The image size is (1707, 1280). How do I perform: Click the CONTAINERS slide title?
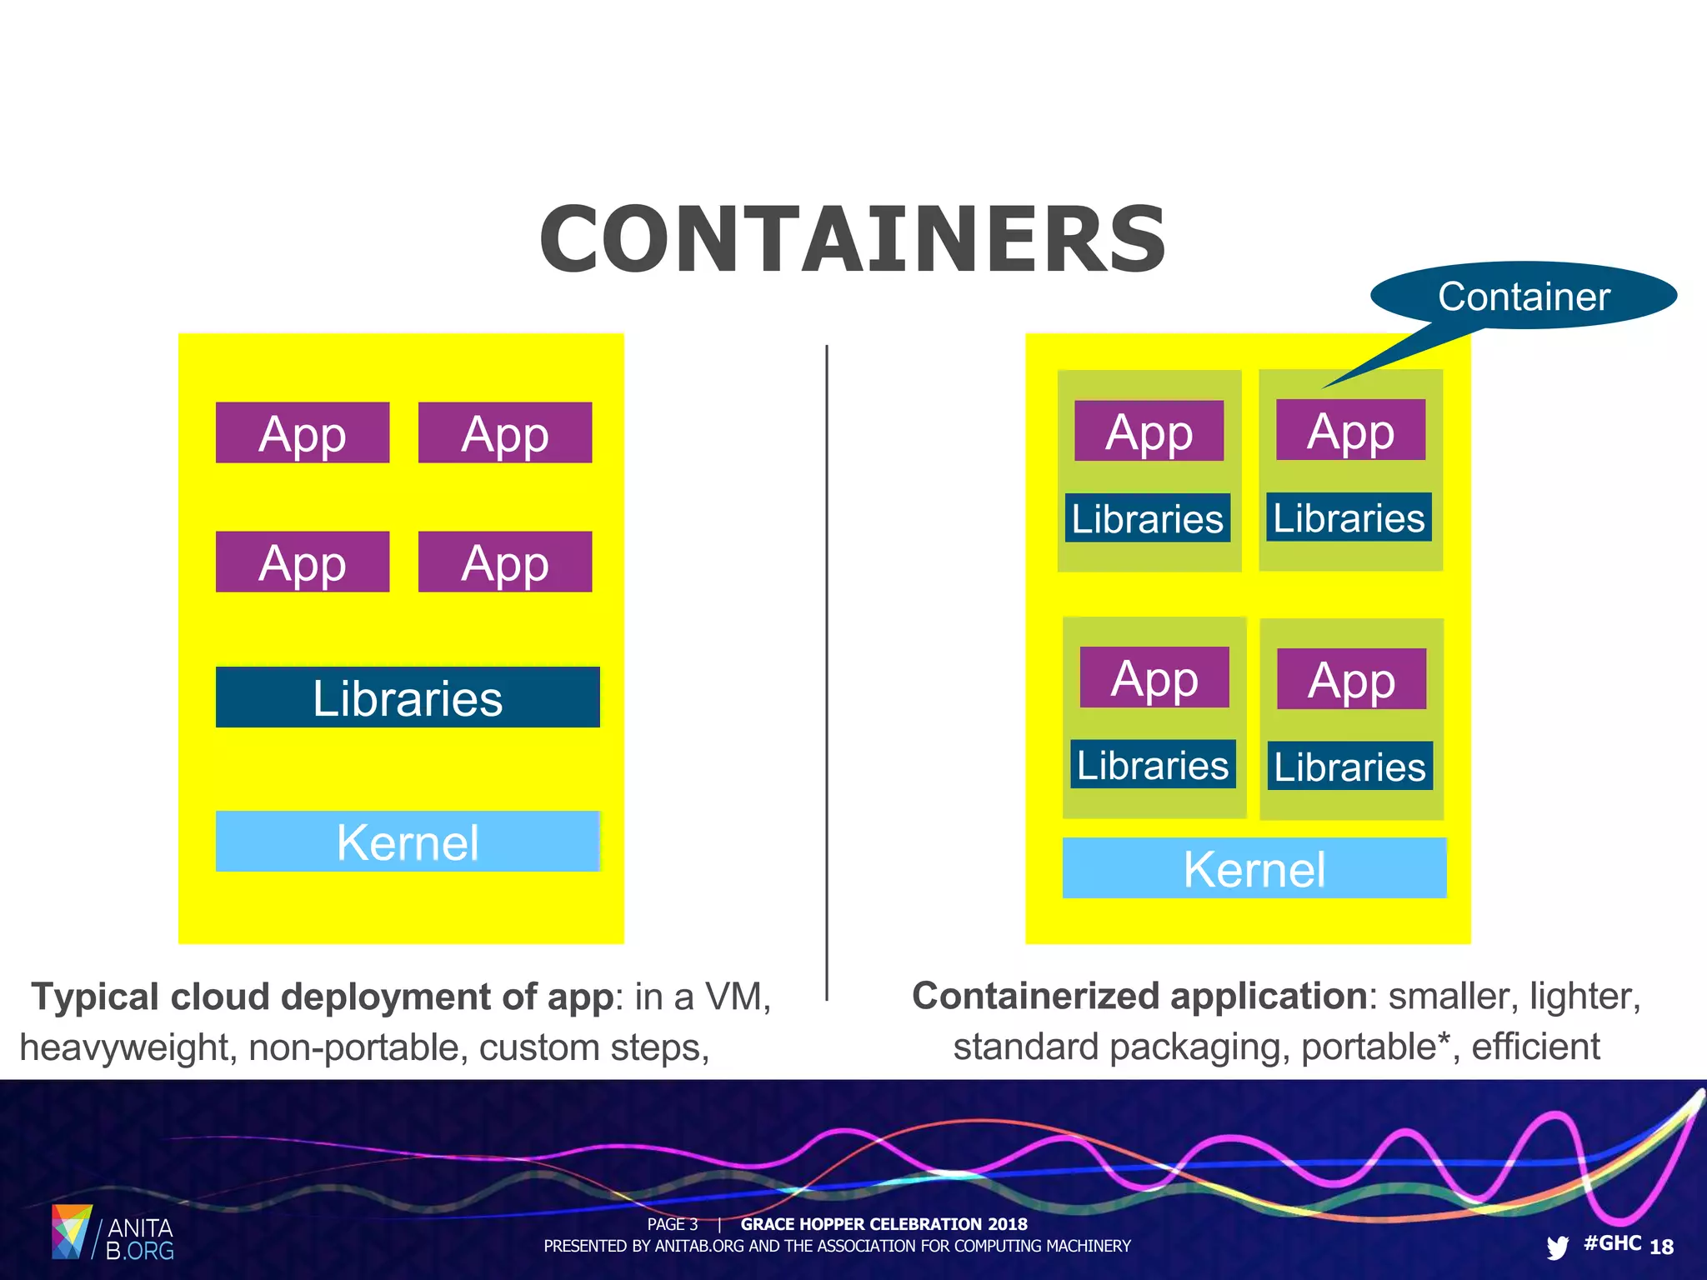click(x=853, y=240)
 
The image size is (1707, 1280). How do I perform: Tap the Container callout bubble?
click(x=1523, y=296)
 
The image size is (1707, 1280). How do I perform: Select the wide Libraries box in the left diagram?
click(x=407, y=697)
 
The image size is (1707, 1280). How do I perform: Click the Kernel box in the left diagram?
click(x=407, y=841)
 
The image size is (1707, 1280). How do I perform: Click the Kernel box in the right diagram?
click(x=1254, y=867)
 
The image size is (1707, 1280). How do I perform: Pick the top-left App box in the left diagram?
click(x=302, y=432)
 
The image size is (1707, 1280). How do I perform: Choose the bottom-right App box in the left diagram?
click(x=504, y=562)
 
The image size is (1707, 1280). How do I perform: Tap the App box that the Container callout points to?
click(x=1350, y=430)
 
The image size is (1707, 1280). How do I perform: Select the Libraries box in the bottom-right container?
click(x=1349, y=766)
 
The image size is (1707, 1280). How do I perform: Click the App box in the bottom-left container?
click(x=1154, y=677)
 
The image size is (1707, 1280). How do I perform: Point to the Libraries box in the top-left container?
click(x=1147, y=517)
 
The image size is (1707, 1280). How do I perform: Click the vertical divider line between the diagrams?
click(x=826, y=667)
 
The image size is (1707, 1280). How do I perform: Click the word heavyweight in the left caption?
click(x=124, y=1047)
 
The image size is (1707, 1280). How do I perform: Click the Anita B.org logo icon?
click(x=71, y=1231)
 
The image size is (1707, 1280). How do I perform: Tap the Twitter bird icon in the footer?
click(x=1556, y=1247)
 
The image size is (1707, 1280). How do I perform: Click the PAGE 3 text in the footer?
click(x=672, y=1224)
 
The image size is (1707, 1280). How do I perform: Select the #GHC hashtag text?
click(x=1612, y=1243)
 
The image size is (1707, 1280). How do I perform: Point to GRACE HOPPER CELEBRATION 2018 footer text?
click(x=884, y=1224)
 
